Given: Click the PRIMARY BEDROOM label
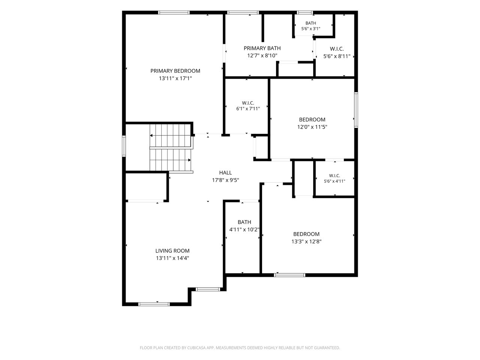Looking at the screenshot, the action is [x=175, y=71].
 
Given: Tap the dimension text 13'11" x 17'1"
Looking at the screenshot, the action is [x=175, y=78].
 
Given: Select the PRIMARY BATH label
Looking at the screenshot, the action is [x=262, y=48].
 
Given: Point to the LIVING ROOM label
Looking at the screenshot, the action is [x=172, y=251].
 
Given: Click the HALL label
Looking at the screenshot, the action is [x=225, y=172].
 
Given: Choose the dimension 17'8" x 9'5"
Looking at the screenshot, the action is [x=225, y=180].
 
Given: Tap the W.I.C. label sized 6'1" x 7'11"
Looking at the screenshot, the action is [x=248, y=103].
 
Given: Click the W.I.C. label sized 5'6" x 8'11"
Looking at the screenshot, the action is [x=337, y=49].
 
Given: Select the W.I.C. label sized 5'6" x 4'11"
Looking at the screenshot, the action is [x=334, y=175].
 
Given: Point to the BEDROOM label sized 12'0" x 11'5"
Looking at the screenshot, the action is [x=312, y=120].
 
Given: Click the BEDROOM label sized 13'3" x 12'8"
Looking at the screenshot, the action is [x=306, y=234].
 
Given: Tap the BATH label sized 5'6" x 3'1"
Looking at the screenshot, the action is [x=310, y=23].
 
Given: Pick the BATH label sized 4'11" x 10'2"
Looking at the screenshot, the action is [x=244, y=222].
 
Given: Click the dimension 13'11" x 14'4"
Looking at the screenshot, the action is [x=172, y=258].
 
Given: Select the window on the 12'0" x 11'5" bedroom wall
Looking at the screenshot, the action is [x=356, y=110].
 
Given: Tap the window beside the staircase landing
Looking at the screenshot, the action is [x=124, y=146].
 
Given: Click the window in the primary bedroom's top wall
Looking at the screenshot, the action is [x=174, y=12].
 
